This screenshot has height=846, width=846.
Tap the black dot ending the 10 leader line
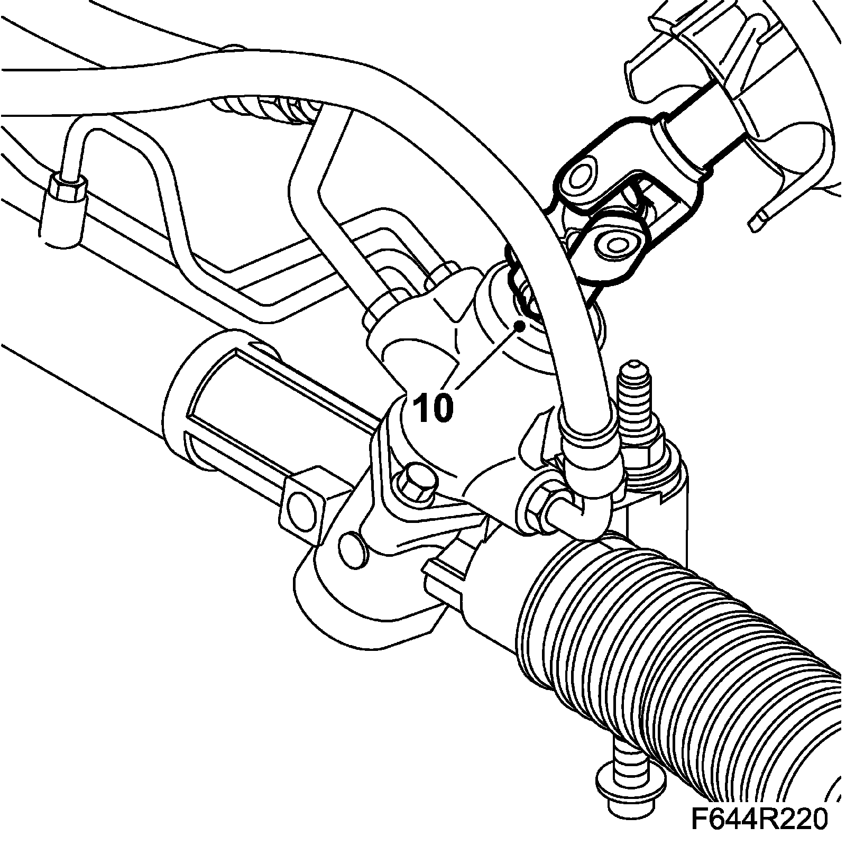[x=520, y=326]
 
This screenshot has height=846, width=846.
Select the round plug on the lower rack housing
[x=351, y=550]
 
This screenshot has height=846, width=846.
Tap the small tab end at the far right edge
[x=757, y=218]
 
